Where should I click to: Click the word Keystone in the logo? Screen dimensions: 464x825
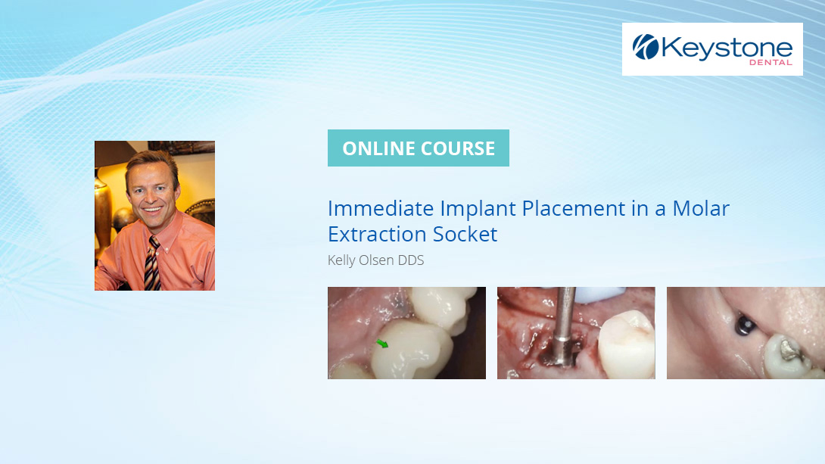[x=727, y=48]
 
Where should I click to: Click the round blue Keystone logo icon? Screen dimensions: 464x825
[x=646, y=47]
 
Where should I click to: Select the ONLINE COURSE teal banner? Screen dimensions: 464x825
[x=418, y=148]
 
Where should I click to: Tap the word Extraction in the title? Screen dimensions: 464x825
[x=375, y=234]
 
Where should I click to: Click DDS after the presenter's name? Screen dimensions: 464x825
[x=411, y=260]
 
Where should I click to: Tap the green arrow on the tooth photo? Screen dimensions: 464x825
[x=382, y=344]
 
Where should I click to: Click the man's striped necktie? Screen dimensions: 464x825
[x=152, y=265]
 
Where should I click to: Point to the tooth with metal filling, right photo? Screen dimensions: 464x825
[x=787, y=356]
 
